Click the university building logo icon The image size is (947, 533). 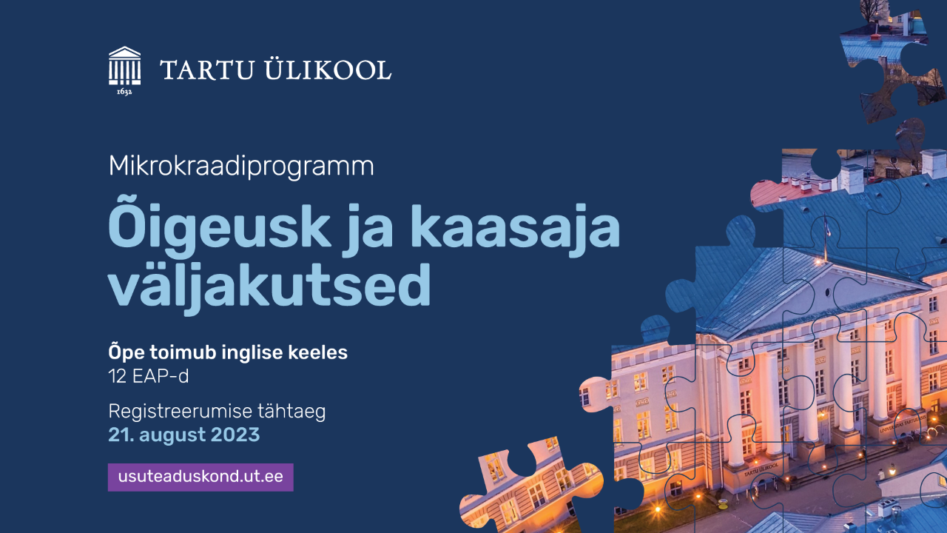(124, 66)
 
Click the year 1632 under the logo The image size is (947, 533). (124, 91)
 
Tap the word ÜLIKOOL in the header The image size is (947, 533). (328, 69)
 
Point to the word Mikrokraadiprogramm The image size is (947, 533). (241, 167)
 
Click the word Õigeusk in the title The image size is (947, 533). (220, 229)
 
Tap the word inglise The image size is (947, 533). (252, 352)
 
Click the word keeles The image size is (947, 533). (318, 352)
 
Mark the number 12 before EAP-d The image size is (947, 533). (117, 376)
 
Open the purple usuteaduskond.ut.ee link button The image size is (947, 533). (200, 477)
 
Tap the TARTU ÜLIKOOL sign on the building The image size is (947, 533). (761, 469)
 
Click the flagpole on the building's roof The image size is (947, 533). (826, 238)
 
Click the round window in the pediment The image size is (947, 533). (828, 292)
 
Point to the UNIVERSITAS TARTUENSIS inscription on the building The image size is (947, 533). (903, 424)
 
